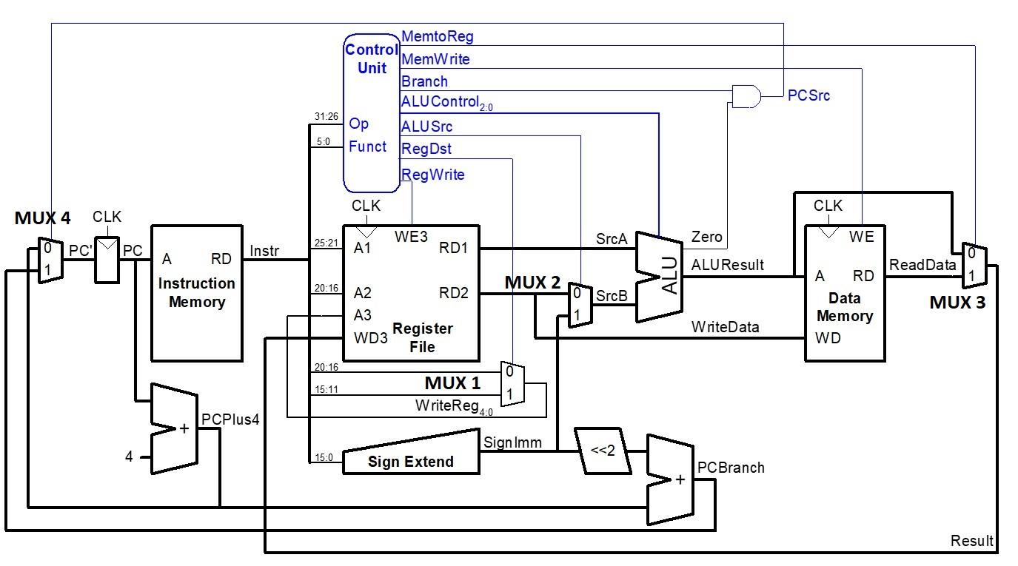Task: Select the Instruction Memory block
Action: click(x=197, y=292)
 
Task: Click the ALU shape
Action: click(x=659, y=277)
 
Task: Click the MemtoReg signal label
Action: click(x=437, y=36)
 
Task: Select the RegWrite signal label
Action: click(x=432, y=175)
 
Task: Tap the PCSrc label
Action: click(x=808, y=95)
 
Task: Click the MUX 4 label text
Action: click(x=42, y=218)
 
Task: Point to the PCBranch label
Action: click(x=731, y=468)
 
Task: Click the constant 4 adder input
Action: click(x=129, y=457)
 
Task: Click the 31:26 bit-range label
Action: click(x=327, y=116)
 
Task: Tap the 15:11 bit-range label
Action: click(x=327, y=389)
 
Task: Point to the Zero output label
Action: click(x=706, y=236)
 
